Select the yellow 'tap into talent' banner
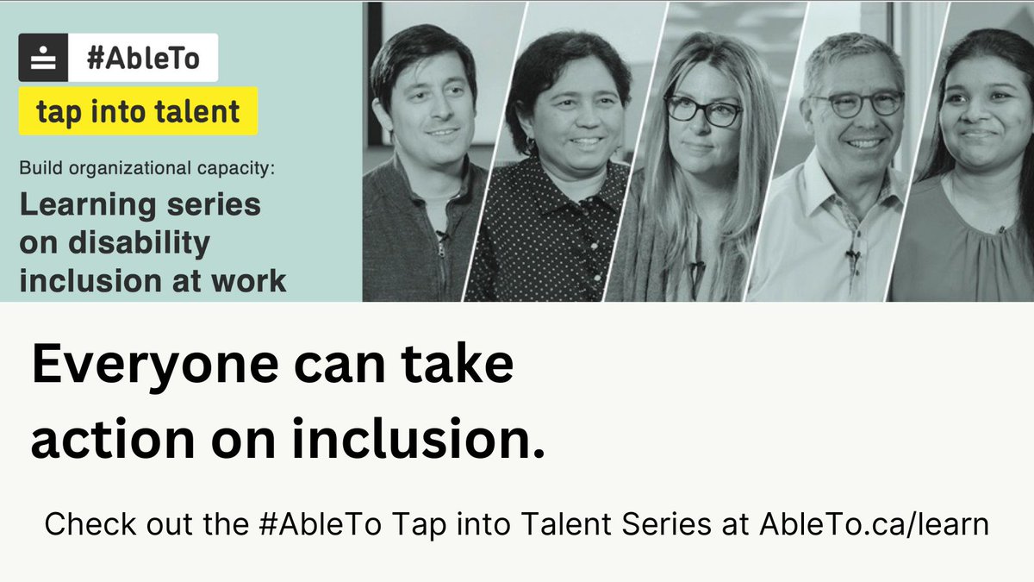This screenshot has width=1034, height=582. pos(138,111)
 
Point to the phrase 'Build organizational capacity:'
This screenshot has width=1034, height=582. pos(146,169)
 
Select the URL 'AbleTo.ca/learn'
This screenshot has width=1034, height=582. pos(874,523)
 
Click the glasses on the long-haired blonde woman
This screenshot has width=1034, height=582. pos(701,110)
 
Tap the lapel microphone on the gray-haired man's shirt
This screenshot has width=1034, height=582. pos(851,255)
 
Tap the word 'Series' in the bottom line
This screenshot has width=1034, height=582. pos(651,523)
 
